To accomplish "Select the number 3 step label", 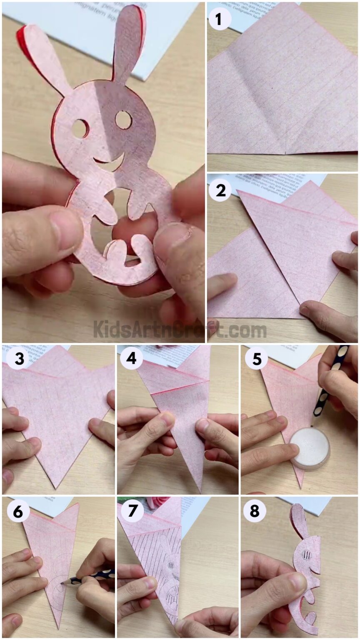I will [x=19, y=358].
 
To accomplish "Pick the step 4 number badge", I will [x=131, y=358].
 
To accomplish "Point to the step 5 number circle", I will [x=256, y=358].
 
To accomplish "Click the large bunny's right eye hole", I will [x=124, y=120].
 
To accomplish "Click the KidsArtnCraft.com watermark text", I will [x=180, y=330].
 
